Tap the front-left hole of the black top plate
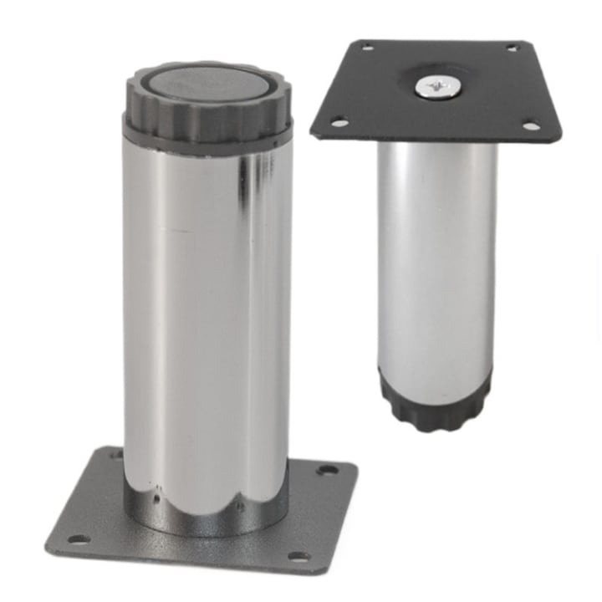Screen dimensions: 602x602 339,123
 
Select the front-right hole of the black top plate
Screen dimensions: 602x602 531,127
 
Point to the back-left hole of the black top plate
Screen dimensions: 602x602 368,47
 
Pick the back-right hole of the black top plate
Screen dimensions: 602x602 511,48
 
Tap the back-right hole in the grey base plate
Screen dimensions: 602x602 326,470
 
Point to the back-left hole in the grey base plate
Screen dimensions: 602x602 117,456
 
